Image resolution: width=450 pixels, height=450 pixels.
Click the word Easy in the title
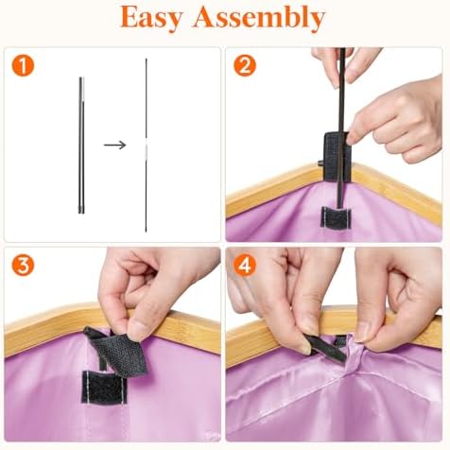(151, 17)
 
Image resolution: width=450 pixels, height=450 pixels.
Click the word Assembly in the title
(259, 17)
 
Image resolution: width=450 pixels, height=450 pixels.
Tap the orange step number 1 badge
(23, 66)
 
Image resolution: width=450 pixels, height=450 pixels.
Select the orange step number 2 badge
(245, 66)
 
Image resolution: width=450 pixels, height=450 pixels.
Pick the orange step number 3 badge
(23, 266)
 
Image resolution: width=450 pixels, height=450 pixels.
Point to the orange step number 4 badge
(245, 266)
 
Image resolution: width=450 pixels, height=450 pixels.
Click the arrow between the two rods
(115, 145)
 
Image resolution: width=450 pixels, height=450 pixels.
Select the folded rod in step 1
(81, 146)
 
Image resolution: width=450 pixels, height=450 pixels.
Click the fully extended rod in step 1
(147, 145)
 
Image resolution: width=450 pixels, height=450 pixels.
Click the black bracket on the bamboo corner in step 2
(337, 157)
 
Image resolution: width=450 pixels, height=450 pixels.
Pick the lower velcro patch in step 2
(336, 217)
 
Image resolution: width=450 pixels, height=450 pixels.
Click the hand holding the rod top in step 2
(345, 65)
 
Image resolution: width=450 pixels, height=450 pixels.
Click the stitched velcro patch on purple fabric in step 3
(104, 387)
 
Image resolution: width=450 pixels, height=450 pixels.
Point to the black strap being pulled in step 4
(325, 349)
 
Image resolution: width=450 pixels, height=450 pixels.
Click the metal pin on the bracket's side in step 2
(320, 164)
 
